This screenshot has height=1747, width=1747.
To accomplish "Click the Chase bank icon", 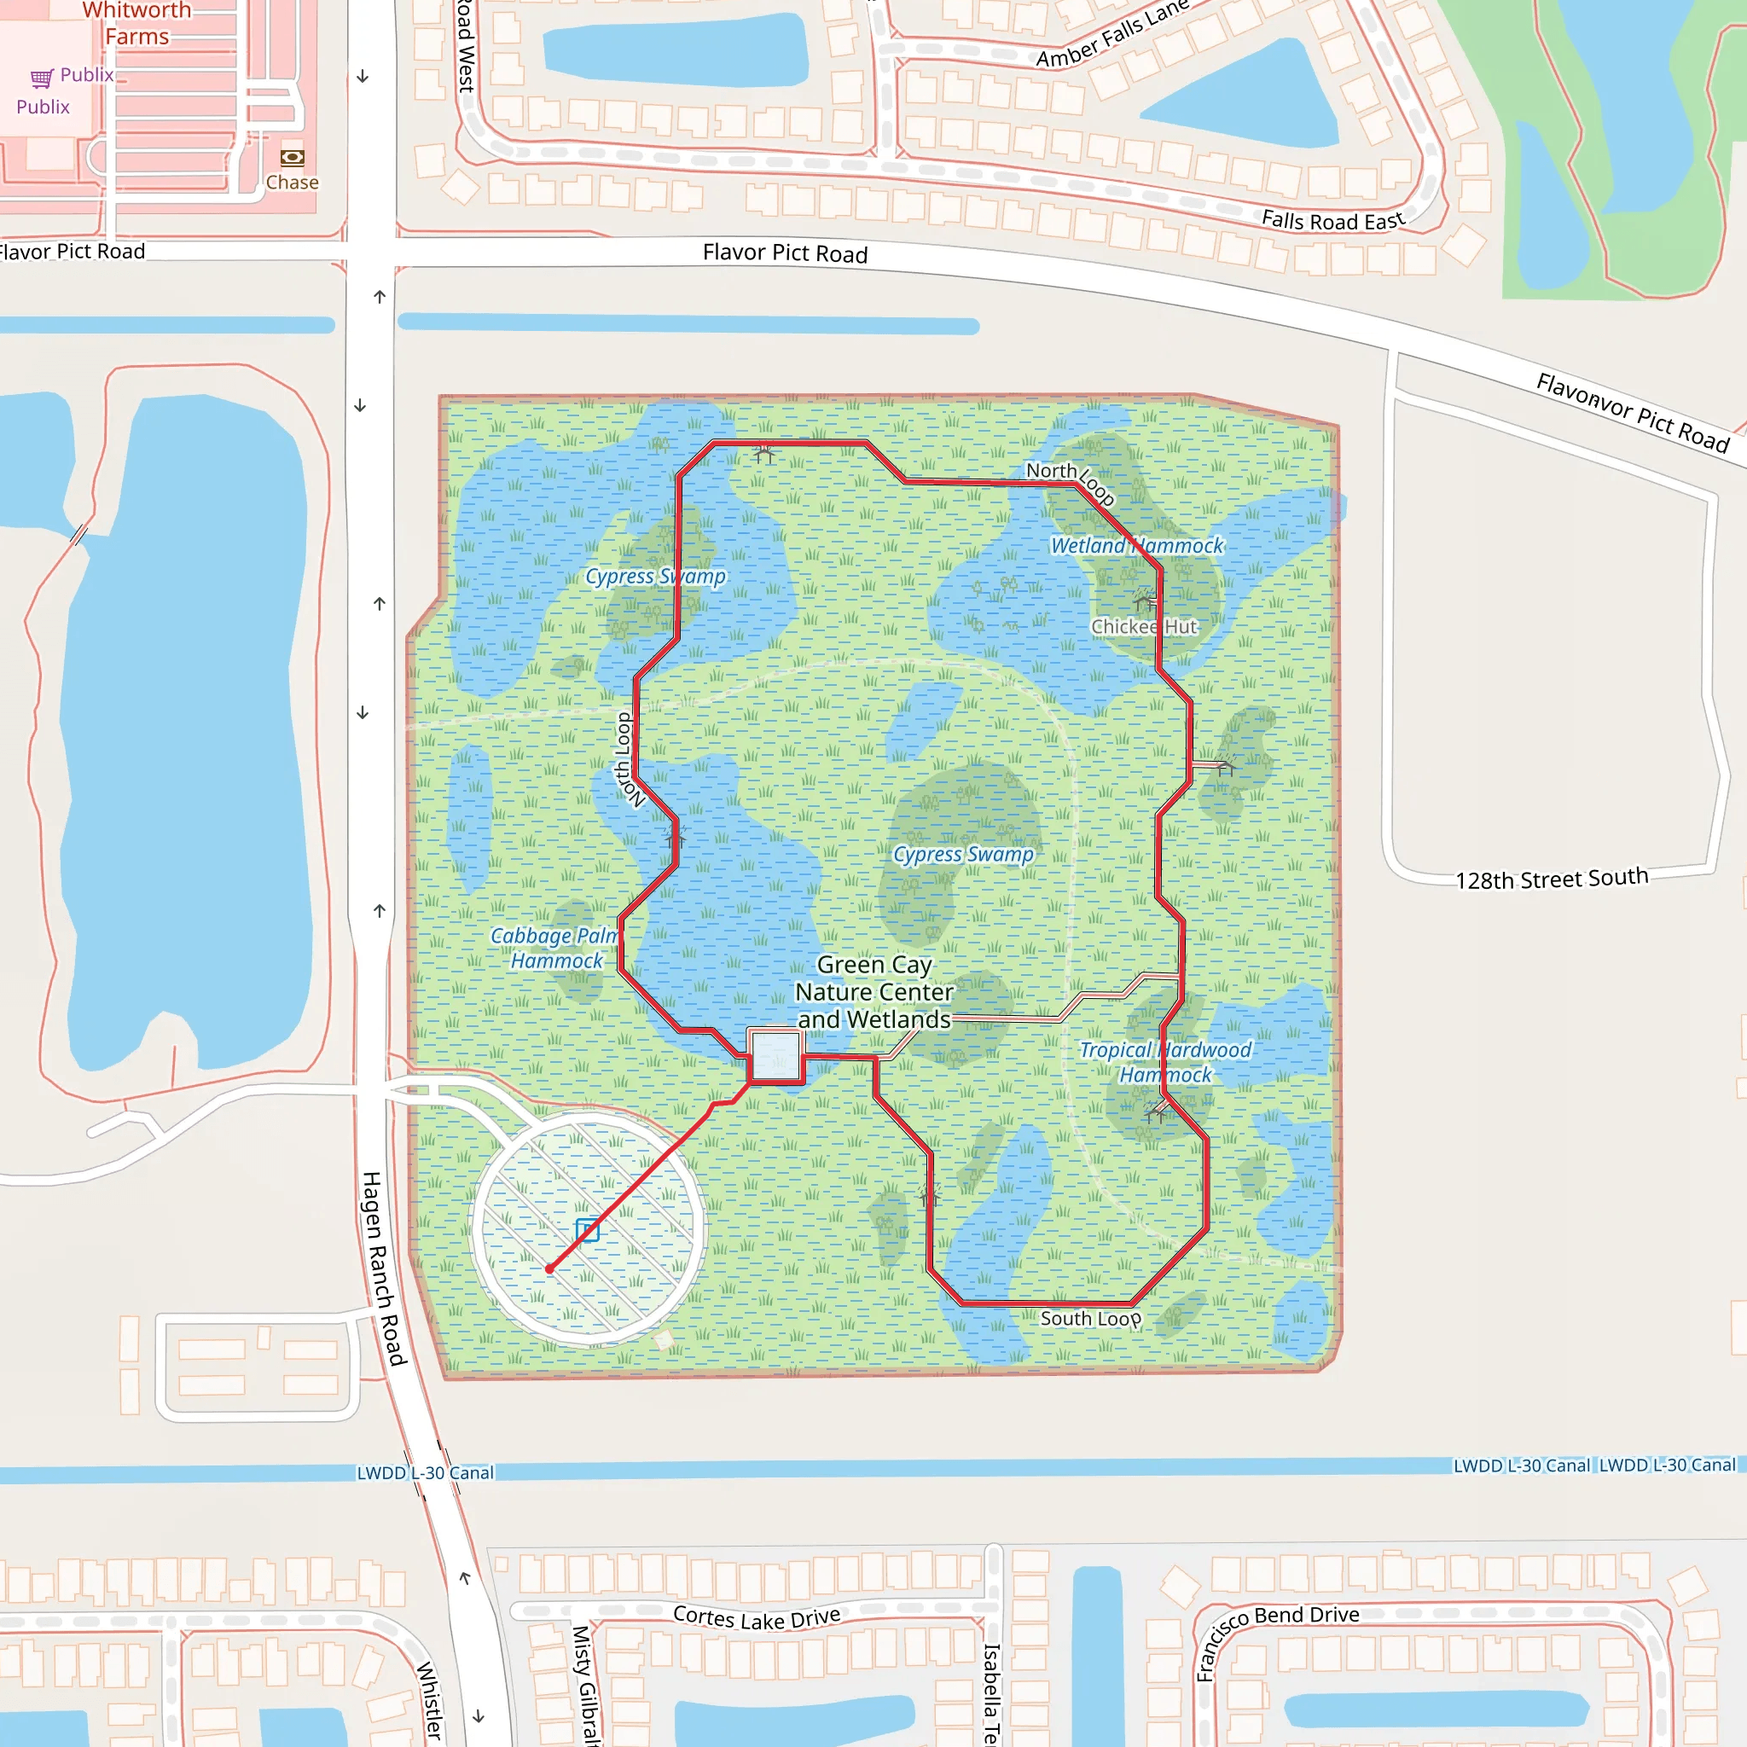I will click(x=292, y=159).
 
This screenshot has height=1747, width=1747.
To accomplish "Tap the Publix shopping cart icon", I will click(x=42, y=78).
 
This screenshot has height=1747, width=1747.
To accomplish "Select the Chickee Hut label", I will click(x=1144, y=627).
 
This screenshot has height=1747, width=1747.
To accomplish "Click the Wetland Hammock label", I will click(x=1135, y=545).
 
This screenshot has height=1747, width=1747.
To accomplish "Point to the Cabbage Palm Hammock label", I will click(x=554, y=948).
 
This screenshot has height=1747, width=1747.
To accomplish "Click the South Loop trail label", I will click(x=1090, y=1319).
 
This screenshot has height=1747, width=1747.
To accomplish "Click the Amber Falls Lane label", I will click(x=1112, y=34).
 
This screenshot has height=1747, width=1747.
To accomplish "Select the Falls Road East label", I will click(x=1333, y=220).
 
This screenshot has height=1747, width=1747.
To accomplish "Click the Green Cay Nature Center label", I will click(x=873, y=992).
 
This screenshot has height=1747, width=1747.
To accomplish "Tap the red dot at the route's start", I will click(x=548, y=1269).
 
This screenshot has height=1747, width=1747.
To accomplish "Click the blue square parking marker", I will click(x=587, y=1230).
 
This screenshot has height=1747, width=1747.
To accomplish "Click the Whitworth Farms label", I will click(x=136, y=24).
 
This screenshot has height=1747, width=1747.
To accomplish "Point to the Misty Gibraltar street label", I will click(x=585, y=1684).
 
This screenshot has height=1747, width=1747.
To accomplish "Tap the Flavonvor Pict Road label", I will click(x=1632, y=412).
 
